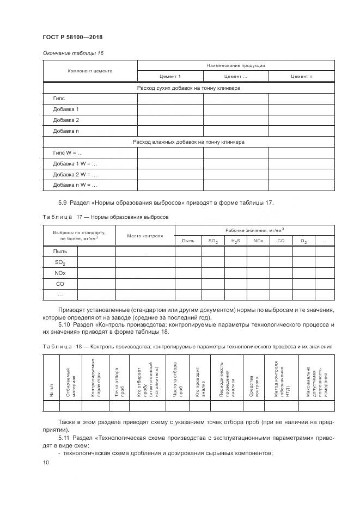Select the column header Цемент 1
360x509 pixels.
click(x=170, y=76)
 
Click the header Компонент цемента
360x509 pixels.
click(x=90, y=71)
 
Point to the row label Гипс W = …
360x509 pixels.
click(x=68, y=153)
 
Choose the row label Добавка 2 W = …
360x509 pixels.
click(x=75, y=175)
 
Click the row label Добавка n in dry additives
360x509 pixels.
click(x=66, y=131)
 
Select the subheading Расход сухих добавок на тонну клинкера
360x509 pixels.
click(x=188, y=88)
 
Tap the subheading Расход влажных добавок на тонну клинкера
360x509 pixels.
click(x=188, y=142)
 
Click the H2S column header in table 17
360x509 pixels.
click(x=235, y=241)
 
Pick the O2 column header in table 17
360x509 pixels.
click(x=304, y=241)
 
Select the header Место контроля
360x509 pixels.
click(x=145, y=236)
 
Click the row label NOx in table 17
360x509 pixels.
click(x=60, y=273)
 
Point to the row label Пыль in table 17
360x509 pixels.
click(x=60, y=251)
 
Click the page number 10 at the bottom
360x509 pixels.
click(x=46, y=462)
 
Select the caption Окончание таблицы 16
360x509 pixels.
click(x=73, y=53)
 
